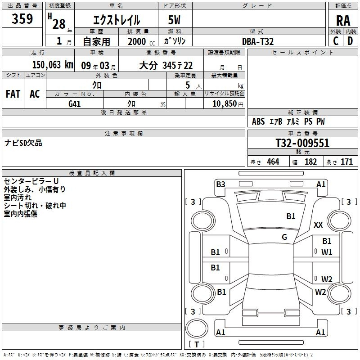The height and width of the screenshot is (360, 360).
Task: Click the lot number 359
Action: pos(22,18)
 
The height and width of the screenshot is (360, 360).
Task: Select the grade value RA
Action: pos(343,21)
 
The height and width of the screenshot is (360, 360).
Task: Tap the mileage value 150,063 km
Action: pos(53,65)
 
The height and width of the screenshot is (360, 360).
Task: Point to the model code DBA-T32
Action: pos(258,41)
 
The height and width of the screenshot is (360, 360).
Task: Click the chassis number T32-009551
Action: pos(302,143)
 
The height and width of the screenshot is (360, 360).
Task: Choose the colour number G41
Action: pos(75,104)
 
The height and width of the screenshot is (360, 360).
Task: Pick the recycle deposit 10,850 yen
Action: pos(228,104)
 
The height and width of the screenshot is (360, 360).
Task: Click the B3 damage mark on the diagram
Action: pos(220,184)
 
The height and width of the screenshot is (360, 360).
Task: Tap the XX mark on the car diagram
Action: pos(318,225)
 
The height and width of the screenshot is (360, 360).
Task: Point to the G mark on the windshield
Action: pos(284,237)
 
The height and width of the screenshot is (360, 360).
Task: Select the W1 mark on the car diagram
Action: pos(327,252)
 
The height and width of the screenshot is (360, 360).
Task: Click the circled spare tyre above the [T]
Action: pos(197,328)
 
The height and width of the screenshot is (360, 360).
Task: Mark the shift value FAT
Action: pos(13,94)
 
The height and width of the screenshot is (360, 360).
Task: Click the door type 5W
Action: pos(174,20)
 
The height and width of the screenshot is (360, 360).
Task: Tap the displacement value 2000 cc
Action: pos(141,41)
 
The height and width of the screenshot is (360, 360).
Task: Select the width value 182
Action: pos(310,162)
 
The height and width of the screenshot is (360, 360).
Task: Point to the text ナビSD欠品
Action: pos(23,143)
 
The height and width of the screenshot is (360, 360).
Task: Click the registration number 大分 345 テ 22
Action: pos(166,65)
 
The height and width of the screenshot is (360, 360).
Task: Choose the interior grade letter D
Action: pos(350,41)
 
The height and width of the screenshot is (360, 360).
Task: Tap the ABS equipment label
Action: pos(258,121)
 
